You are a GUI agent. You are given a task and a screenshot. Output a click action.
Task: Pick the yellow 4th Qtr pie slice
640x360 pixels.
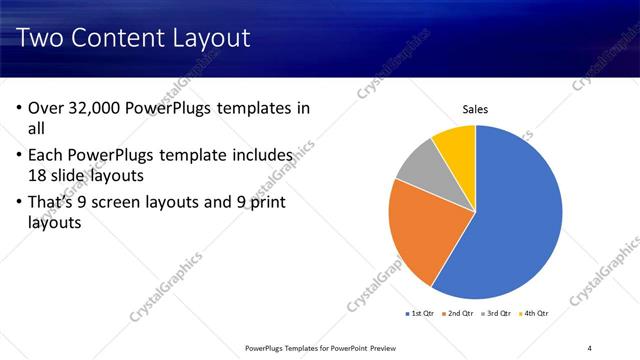(x=456, y=143)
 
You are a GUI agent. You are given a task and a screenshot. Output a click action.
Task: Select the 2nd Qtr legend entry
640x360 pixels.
(x=457, y=314)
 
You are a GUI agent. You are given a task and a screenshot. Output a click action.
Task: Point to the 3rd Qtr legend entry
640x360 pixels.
(x=496, y=314)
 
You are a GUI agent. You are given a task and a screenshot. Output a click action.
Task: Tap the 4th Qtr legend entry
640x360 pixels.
(x=535, y=314)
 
